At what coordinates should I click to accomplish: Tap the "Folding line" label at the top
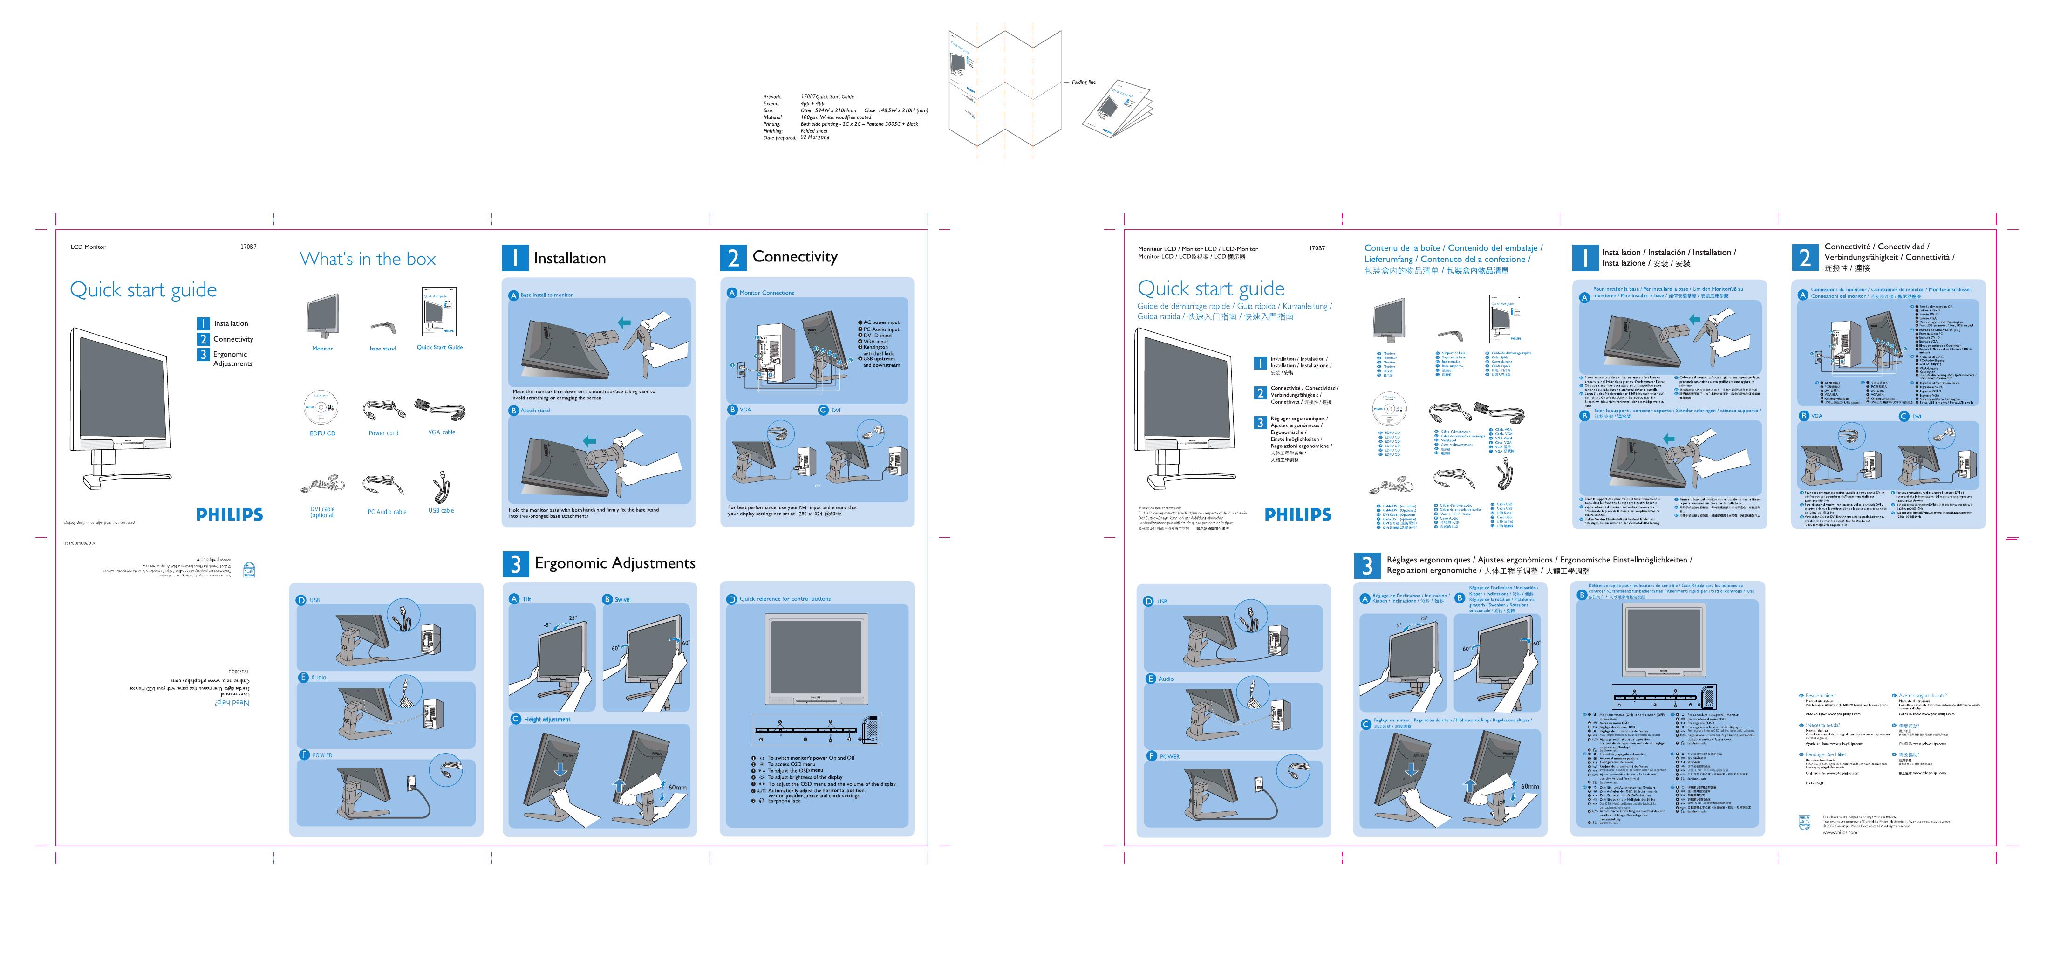(x=1083, y=82)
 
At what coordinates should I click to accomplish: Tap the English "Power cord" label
(x=383, y=433)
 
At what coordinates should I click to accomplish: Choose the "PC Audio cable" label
(x=387, y=512)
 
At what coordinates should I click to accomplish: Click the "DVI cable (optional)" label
(x=323, y=512)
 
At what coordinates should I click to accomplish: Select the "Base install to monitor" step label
(x=547, y=295)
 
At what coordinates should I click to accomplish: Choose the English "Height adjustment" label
(x=547, y=719)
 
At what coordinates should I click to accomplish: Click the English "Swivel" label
(x=622, y=599)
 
